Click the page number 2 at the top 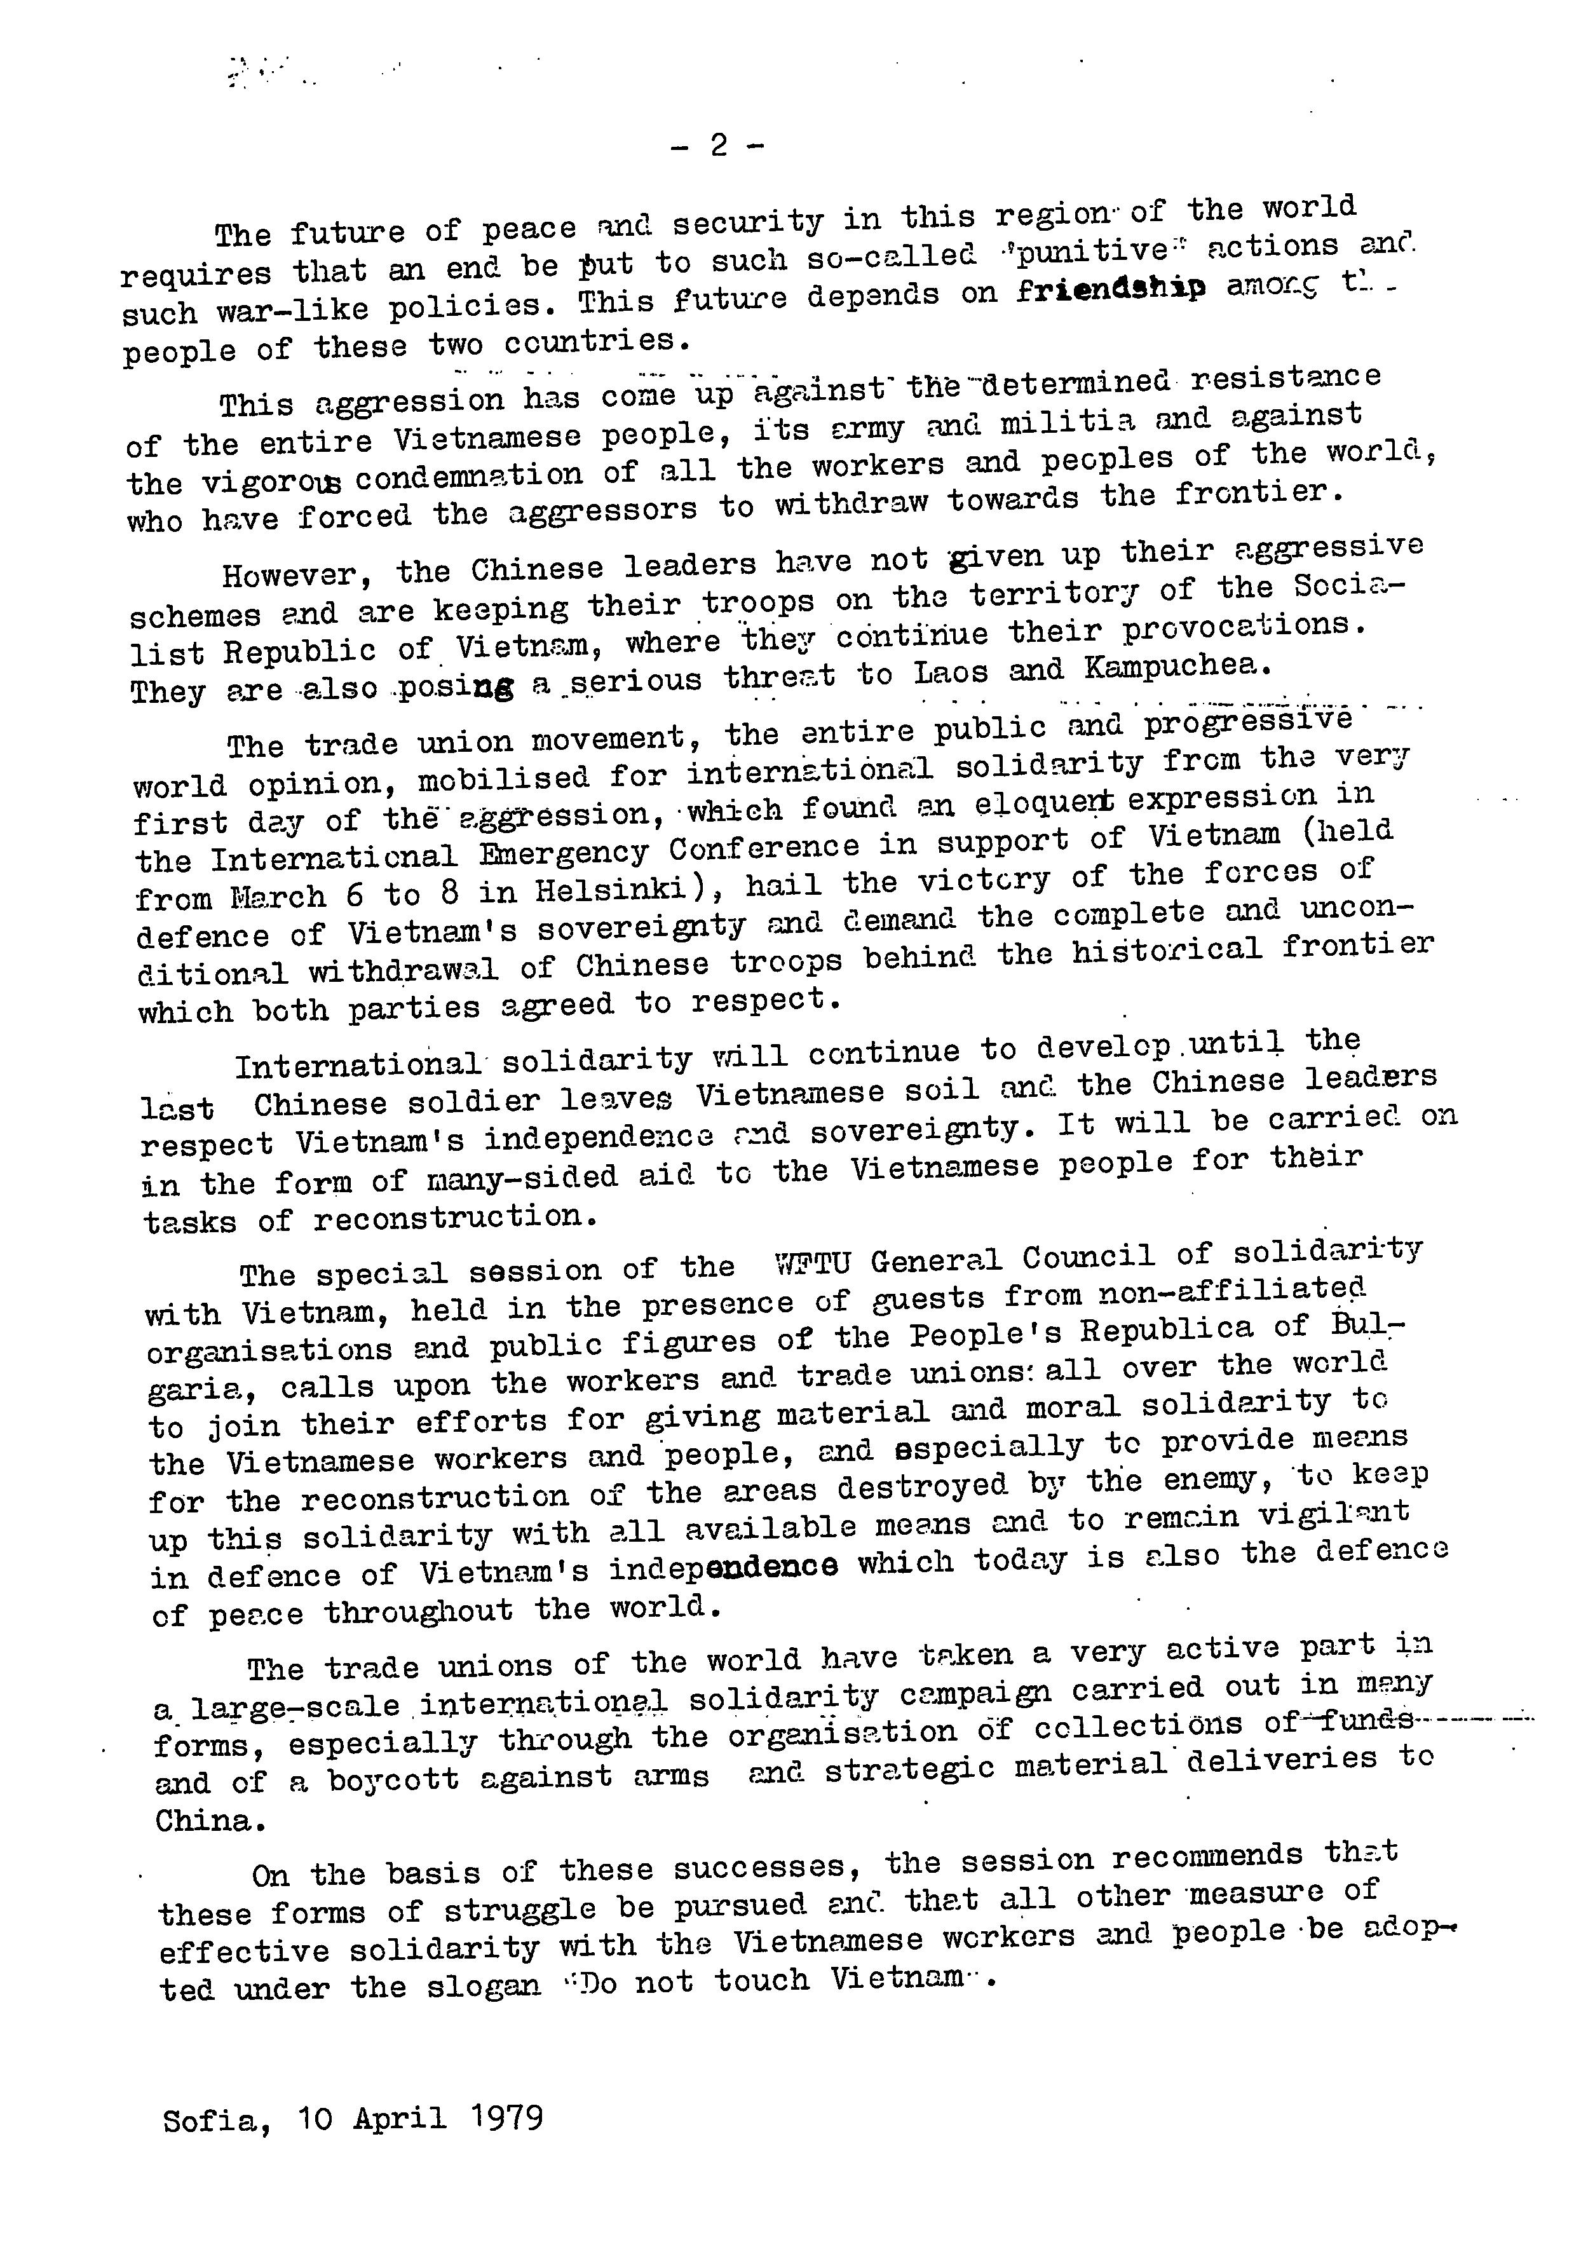coord(719,146)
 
